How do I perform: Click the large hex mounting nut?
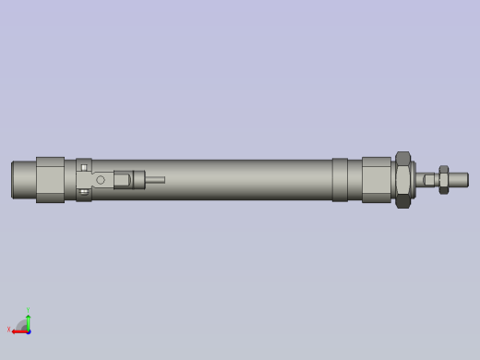point(402,180)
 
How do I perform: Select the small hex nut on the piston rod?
point(444,180)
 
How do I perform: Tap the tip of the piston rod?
point(464,180)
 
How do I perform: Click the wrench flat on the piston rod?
point(429,180)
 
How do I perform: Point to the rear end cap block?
point(50,179)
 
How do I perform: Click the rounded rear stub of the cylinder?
point(23,179)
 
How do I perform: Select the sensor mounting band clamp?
point(84,179)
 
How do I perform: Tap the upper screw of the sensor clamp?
point(84,167)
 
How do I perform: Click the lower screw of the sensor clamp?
point(84,192)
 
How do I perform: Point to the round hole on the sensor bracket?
point(101,180)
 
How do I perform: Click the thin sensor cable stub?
point(155,180)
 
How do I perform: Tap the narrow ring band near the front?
point(340,179)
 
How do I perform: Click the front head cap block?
point(376,179)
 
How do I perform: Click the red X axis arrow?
point(19,331)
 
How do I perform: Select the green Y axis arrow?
point(29,321)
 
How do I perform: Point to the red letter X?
point(9,330)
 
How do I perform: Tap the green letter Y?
point(28,310)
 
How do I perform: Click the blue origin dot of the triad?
point(28,330)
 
